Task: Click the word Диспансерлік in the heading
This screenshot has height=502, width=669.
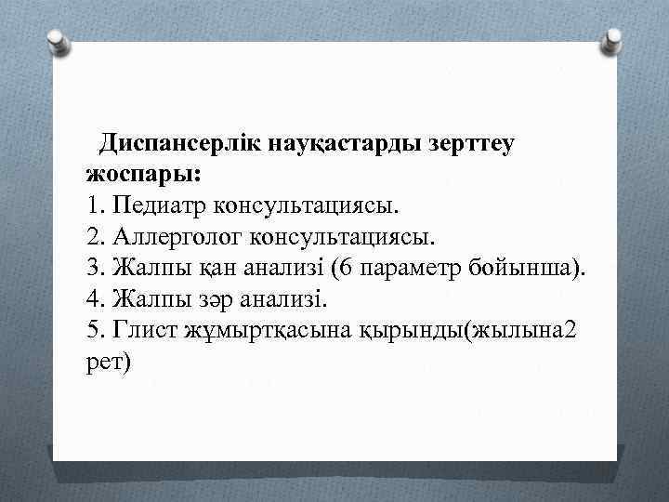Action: (180, 144)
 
